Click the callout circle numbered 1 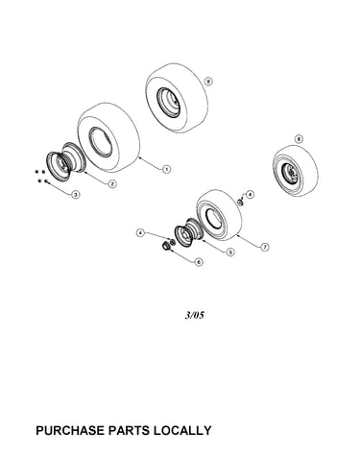[166, 169]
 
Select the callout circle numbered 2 [112, 183]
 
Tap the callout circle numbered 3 [75, 194]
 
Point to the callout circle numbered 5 [229, 252]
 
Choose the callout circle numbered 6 [199, 262]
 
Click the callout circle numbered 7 [264, 247]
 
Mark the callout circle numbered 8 [299, 139]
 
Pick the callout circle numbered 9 [208, 82]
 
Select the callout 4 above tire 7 [250, 194]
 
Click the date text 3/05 [194, 316]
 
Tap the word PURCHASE [70, 430]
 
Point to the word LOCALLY [182, 430]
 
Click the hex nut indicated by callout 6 [165, 247]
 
